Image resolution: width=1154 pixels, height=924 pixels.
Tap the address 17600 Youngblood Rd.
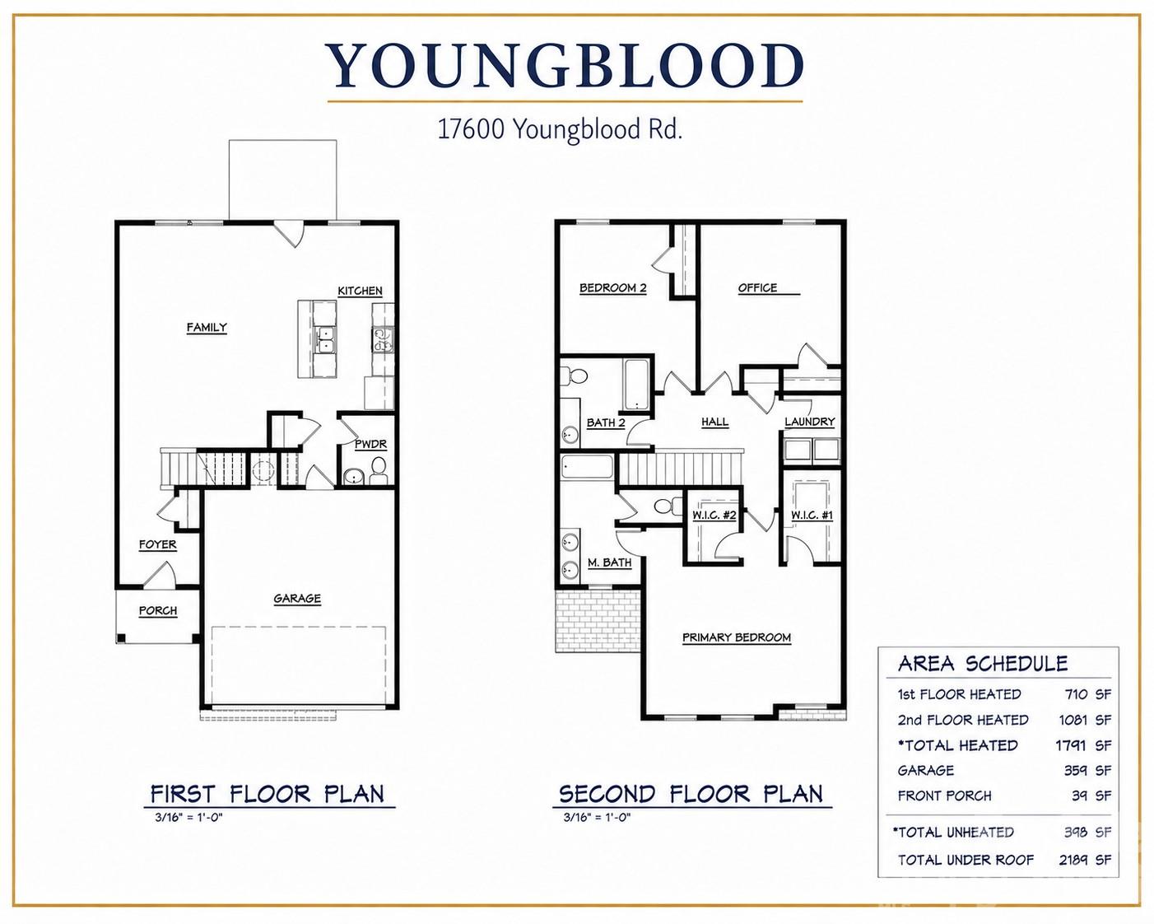tap(560, 129)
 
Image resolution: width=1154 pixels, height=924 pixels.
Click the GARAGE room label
tap(297, 598)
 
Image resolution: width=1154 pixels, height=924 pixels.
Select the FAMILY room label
tap(207, 327)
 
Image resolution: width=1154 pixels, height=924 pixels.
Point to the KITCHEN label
tap(360, 291)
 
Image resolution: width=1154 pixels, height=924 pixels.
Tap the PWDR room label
tap(370, 444)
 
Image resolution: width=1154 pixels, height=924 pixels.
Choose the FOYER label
tap(158, 544)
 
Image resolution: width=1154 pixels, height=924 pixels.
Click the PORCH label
tap(158, 610)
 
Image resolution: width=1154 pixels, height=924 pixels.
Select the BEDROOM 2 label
tap(613, 288)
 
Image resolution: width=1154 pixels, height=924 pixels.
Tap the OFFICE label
tap(757, 288)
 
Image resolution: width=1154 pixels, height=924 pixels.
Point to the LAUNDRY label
tap(810, 422)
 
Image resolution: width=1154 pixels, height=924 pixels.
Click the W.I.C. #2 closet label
tap(714, 516)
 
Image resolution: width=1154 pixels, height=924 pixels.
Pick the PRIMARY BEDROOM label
tap(737, 637)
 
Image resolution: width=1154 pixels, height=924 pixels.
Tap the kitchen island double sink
tap(325, 340)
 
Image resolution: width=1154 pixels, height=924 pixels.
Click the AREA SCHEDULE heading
tap(983, 664)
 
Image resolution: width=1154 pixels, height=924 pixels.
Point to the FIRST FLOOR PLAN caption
tap(268, 794)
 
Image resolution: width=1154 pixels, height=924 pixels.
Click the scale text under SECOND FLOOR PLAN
tap(597, 817)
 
